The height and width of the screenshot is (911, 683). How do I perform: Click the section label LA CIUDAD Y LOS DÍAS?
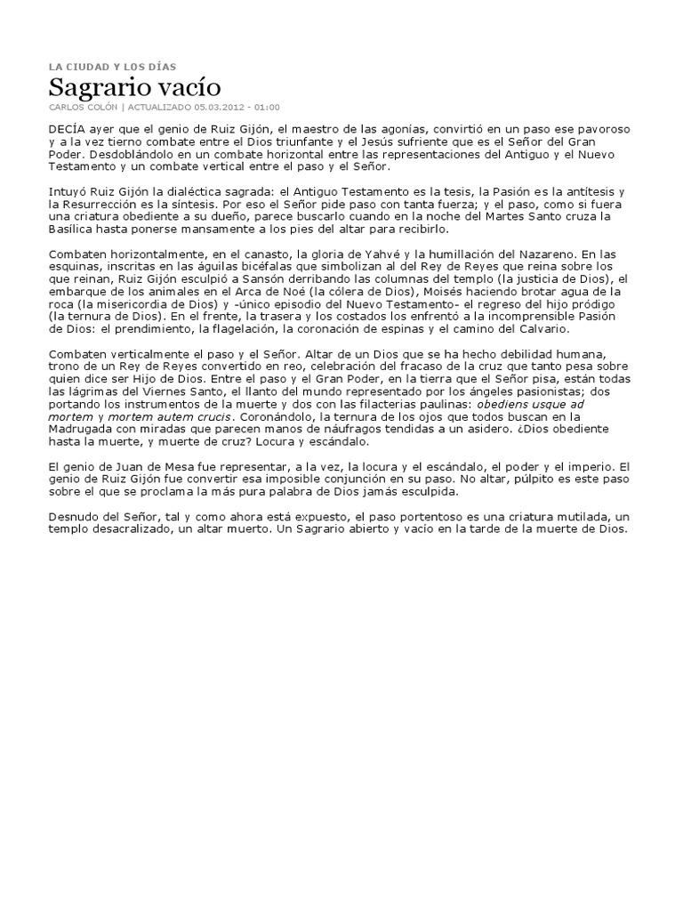pyautogui.click(x=112, y=66)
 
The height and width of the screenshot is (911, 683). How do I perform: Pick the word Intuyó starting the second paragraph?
pyautogui.click(x=68, y=192)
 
